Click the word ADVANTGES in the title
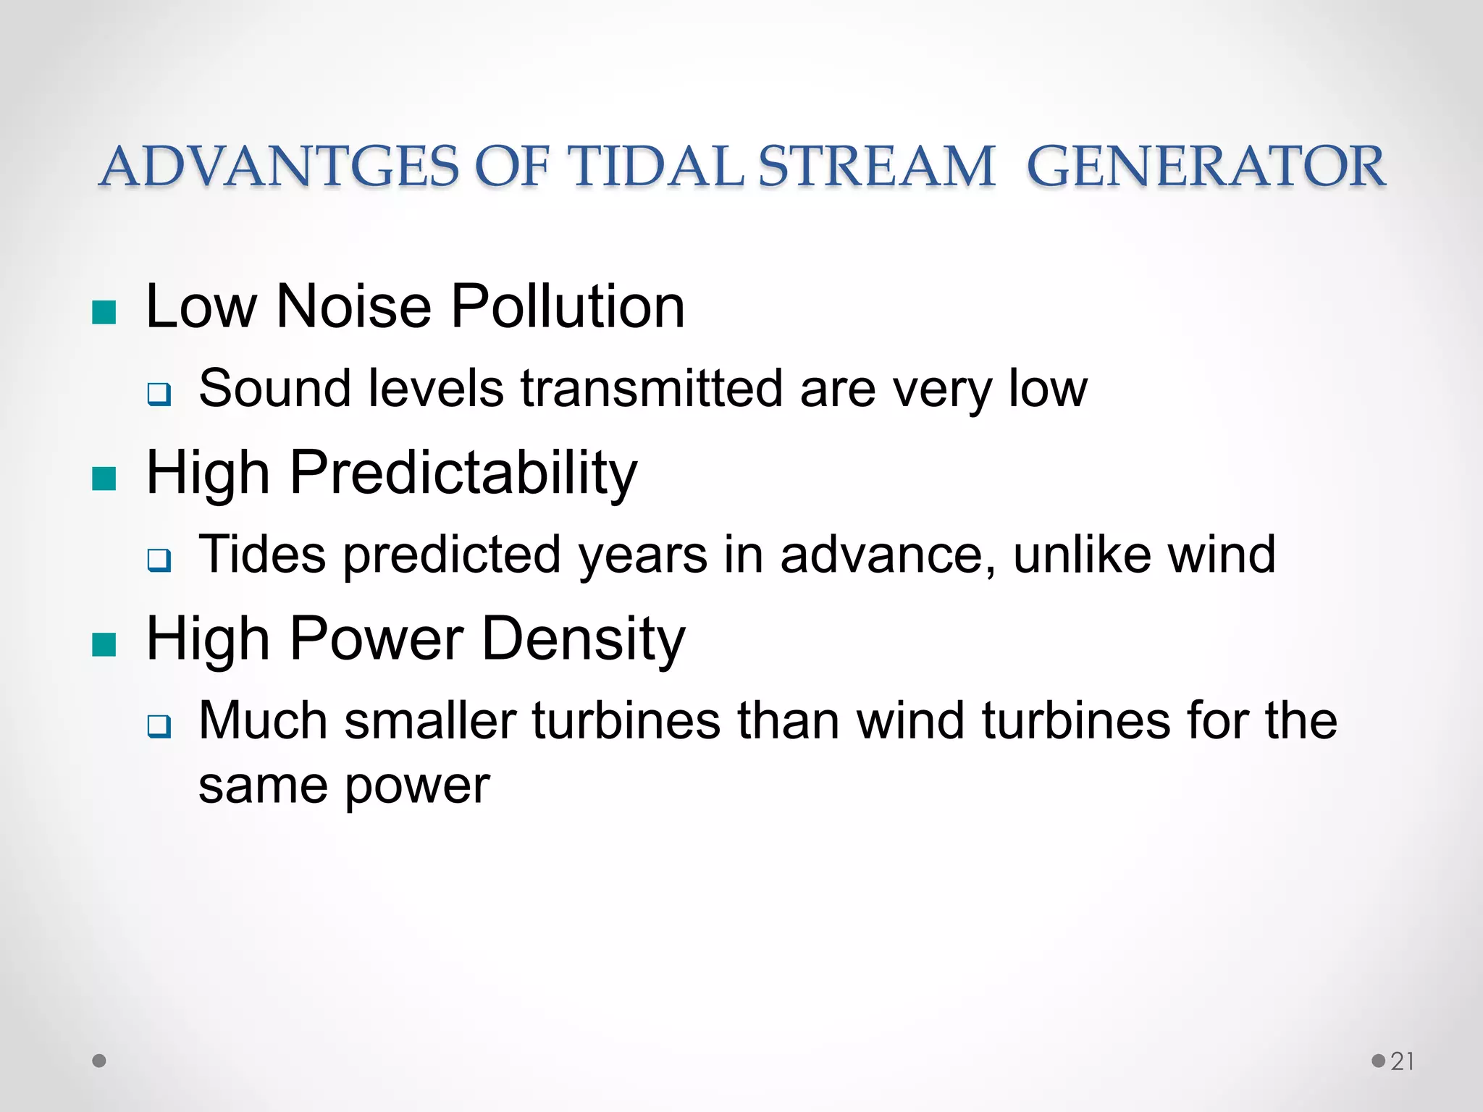click(x=279, y=167)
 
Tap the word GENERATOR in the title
click(x=1206, y=167)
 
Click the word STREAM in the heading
click(x=876, y=167)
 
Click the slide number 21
click(x=1402, y=1061)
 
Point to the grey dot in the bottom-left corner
click(x=100, y=1061)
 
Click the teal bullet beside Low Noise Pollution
click(x=105, y=313)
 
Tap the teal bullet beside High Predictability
click(x=105, y=479)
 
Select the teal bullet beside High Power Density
click(x=105, y=644)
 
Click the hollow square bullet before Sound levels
click(x=159, y=395)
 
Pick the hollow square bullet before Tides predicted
click(x=159, y=560)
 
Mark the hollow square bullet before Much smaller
click(x=159, y=726)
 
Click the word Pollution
click(x=568, y=306)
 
